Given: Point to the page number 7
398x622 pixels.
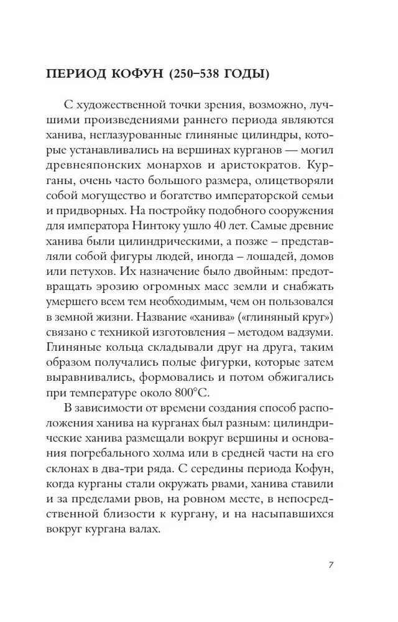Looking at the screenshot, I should pyautogui.click(x=331, y=565).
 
